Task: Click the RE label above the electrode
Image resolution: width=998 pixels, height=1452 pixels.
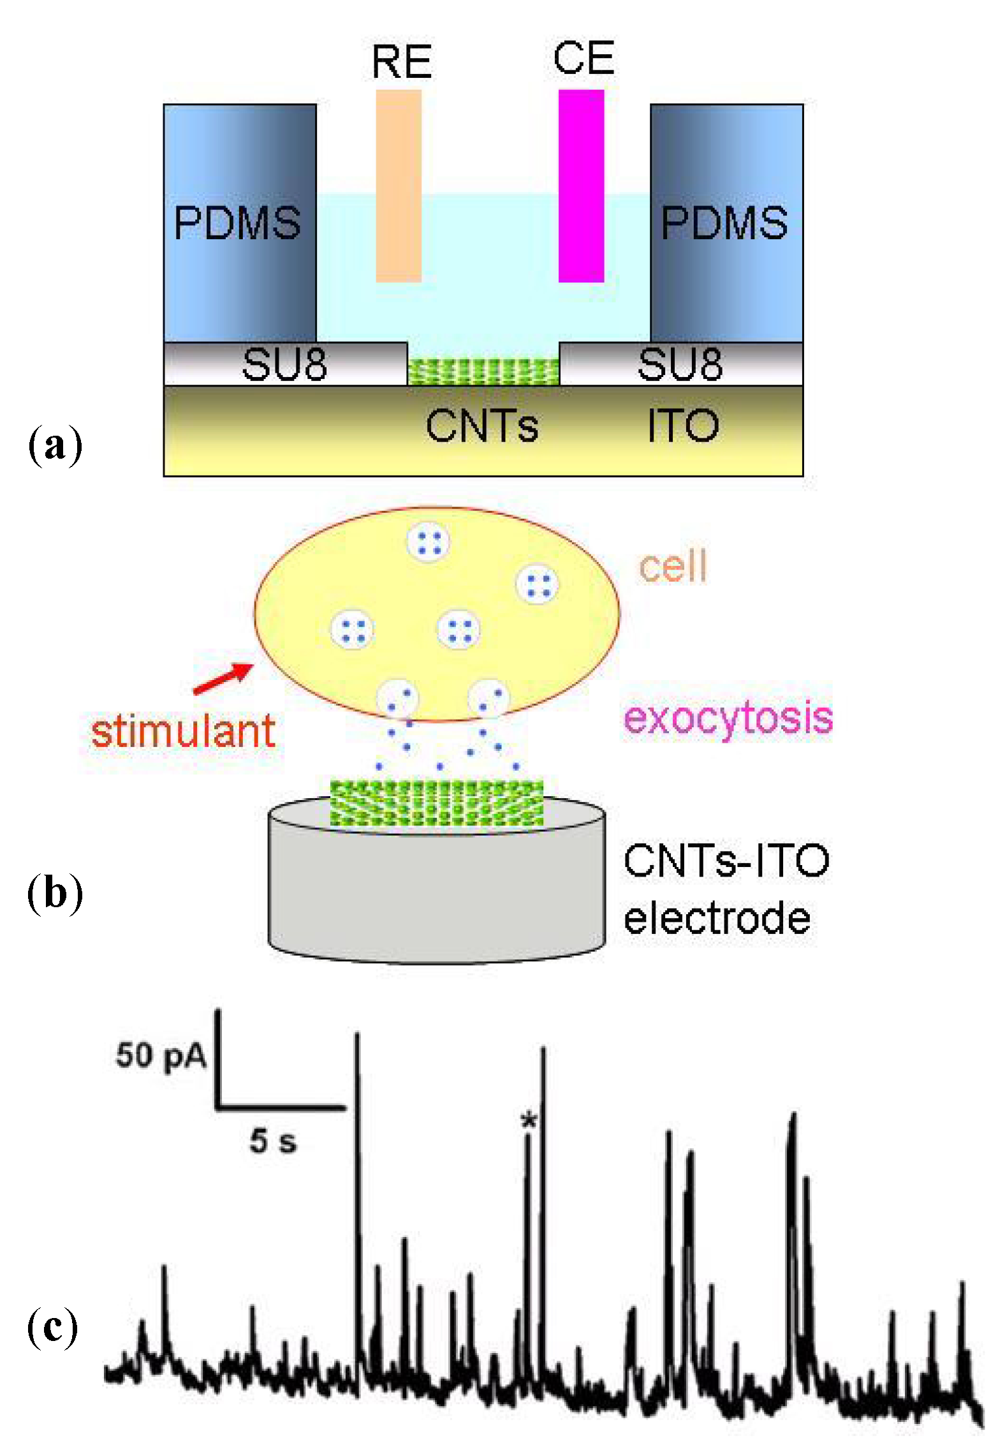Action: point(401,62)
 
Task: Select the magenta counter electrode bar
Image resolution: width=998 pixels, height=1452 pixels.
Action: point(581,185)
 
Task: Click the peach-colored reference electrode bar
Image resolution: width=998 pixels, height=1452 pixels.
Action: point(399,185)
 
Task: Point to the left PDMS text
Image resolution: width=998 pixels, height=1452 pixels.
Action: point(237,223)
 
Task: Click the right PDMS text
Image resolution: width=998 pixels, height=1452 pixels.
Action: point(724,223)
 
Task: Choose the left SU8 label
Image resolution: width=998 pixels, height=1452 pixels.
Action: point(284,365)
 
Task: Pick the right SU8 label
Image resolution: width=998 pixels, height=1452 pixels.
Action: point(680,365)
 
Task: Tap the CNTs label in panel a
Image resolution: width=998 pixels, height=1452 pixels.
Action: point(481,426)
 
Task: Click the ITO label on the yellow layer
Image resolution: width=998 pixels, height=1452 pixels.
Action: point(683,426)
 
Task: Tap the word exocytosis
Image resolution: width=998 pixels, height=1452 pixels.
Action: point(728,717)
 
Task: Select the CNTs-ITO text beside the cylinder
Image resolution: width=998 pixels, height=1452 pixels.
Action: point(726,861)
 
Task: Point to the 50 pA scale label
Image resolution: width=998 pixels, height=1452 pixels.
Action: point(161,1055)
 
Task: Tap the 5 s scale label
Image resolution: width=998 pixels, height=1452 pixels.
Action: point(273,1141)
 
